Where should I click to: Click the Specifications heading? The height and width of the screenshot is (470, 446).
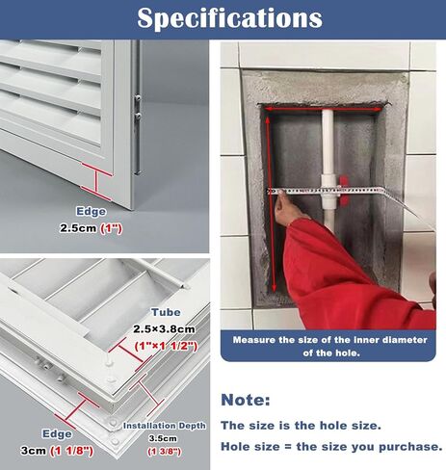click(229, 18)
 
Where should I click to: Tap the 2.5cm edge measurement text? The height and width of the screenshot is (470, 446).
click(78, 228)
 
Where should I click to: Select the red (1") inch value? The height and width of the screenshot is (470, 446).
click(111, 228)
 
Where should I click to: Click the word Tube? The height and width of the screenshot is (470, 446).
click(166, 312)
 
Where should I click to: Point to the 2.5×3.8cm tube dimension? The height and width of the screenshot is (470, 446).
click(164, 329)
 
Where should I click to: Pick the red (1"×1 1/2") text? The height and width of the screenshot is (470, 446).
click(166, 346)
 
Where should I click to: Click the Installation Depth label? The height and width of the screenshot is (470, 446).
click(165, 426)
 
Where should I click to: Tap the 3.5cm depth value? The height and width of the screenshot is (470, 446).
click(163, 438)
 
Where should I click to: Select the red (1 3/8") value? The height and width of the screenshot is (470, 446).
click(164, 452)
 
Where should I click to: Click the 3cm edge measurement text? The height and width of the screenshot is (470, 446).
click(34, 451)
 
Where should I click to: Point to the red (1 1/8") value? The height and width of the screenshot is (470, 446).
click(71, 451)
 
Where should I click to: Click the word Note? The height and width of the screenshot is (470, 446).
click(246, 400)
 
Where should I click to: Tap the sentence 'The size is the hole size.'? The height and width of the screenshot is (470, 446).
click(301, 426)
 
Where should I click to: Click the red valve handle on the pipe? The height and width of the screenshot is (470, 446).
click(344, 190)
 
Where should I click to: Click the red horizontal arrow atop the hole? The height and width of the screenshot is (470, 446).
click(324, 109)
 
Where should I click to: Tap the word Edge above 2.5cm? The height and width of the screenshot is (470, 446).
click(92, 212)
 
